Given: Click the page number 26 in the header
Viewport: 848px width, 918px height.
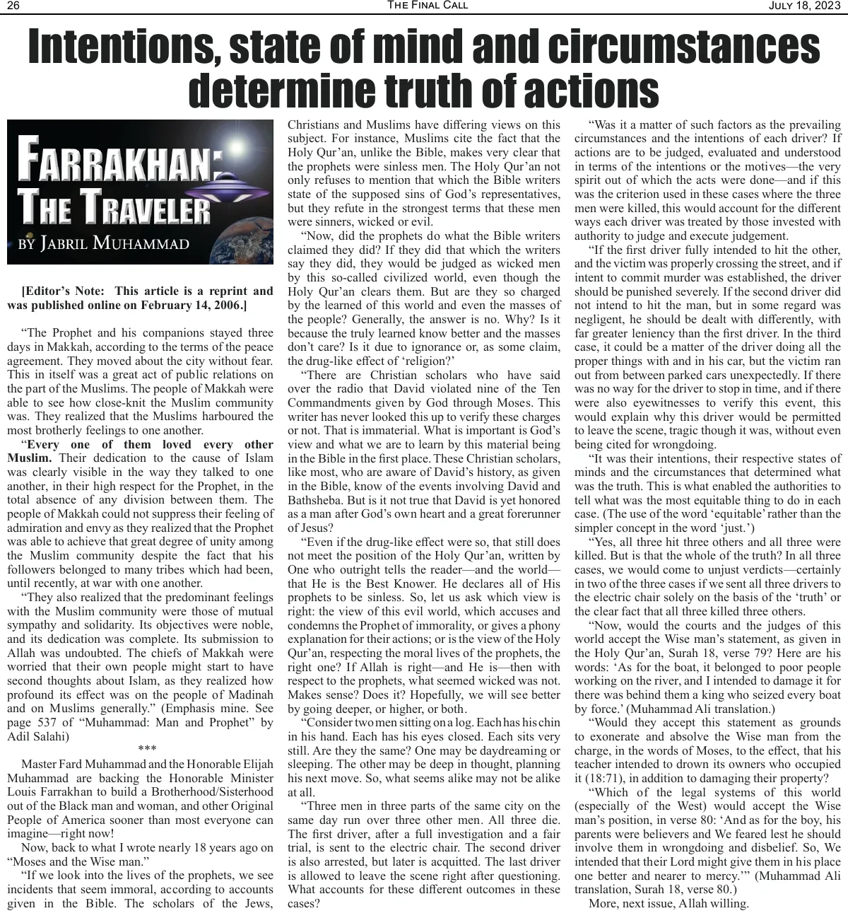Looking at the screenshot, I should [13, 6].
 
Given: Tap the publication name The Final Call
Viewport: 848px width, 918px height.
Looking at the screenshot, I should [427, 6].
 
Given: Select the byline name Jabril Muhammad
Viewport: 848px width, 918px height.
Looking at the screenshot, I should [114, 243].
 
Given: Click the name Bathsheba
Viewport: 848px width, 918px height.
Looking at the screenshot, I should [318, 500].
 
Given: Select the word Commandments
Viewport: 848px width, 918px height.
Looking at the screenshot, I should [332, 403].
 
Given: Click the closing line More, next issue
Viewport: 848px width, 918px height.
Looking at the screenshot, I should [633, 903].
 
